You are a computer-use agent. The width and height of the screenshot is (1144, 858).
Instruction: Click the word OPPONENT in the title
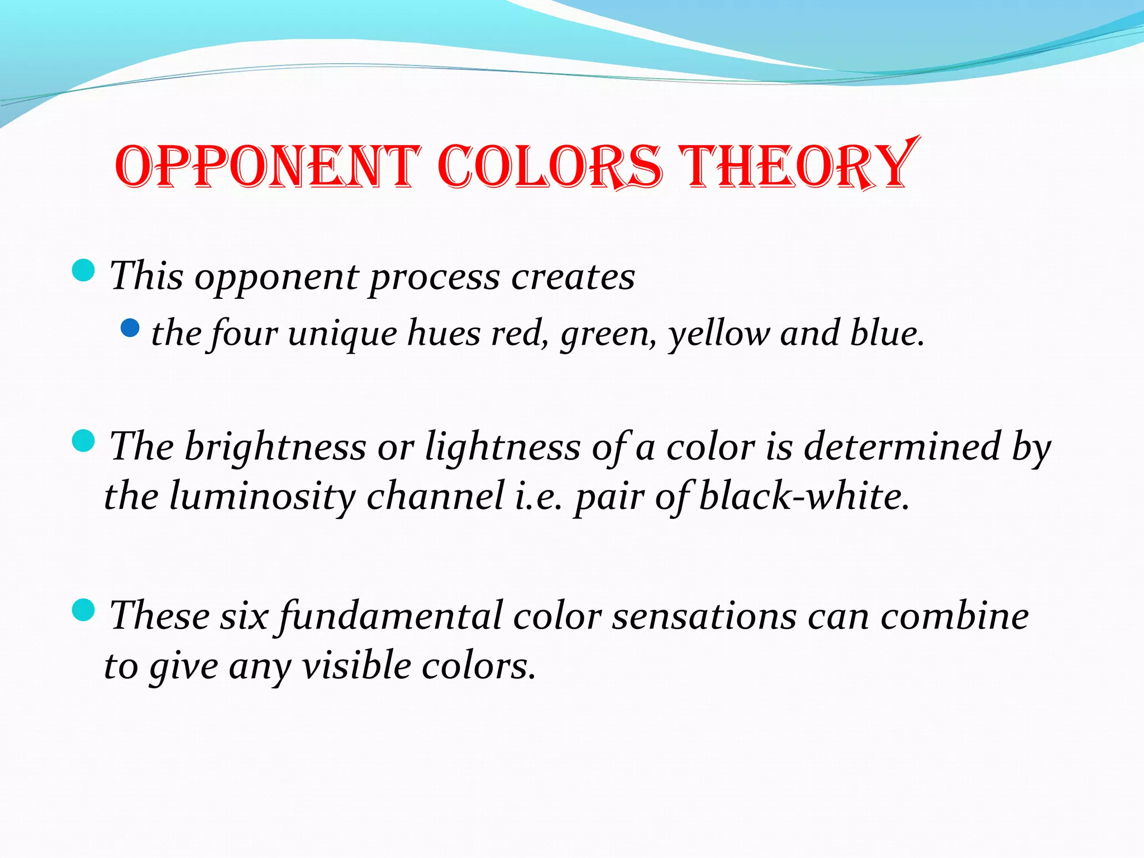[x=267, y=166]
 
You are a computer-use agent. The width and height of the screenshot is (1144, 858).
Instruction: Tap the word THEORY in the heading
[x=799, y=165]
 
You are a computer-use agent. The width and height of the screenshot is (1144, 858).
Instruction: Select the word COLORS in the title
[x=550, y=166]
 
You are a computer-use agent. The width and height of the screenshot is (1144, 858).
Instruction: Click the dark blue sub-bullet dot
[x=130, y=328]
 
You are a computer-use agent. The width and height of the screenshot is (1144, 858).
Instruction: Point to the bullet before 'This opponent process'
[x=84, y=271]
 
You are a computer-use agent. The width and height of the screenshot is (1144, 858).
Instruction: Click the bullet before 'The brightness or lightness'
[x=84, y=441]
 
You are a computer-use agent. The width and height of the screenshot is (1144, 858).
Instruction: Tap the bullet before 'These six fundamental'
[x=84, y=610]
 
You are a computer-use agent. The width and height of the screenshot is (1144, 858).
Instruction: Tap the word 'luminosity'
[x=263, y=497]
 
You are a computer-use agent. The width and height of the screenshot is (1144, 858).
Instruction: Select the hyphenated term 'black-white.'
[x=804, y=495]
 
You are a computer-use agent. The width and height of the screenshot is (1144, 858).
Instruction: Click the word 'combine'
[x=954, y=616]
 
